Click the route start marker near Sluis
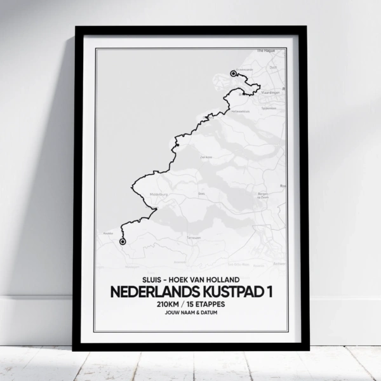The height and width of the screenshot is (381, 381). (x=123, y=241)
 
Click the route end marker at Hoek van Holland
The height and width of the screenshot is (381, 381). (x=234, y=74)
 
